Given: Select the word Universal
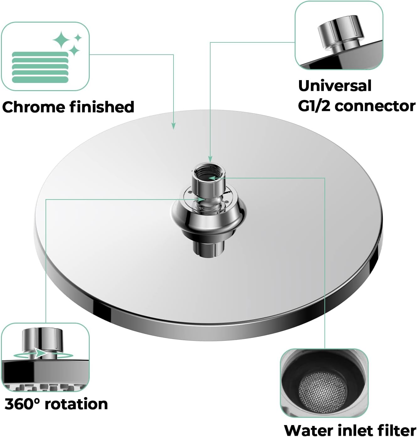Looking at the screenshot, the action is (x=335, y=85).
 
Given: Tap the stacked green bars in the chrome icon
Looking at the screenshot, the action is (x=40, y=67).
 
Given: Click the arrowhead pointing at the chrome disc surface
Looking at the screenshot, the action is (x=174, y=126).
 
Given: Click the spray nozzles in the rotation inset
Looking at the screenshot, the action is (x=45, y=387).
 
